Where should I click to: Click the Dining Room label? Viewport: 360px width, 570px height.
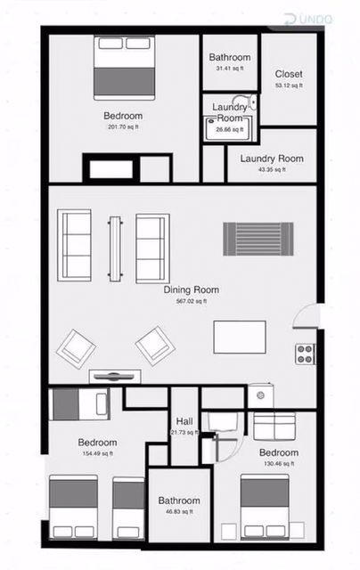(192, 289)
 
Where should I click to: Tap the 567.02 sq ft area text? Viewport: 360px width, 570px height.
(192, 301)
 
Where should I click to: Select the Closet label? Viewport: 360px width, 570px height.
(289, 74)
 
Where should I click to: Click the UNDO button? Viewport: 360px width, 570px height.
(308, 20)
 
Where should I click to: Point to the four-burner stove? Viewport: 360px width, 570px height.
(305, 354)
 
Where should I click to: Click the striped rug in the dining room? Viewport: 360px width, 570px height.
(258, 239)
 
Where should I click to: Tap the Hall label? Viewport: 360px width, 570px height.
(184, 421)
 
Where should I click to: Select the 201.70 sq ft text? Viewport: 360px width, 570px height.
(123, 126)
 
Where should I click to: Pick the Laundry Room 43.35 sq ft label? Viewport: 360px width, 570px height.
(272, 163)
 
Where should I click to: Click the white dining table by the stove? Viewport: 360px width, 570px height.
(240, 337)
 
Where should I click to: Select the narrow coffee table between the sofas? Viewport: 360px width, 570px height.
(115, 249)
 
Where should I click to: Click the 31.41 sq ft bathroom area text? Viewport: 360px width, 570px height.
(229, 69)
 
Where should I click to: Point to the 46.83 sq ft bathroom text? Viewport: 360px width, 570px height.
(178, 511)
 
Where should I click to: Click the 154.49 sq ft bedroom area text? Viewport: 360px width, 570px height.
(98, 453)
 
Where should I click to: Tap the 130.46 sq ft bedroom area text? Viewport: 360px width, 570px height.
(279, 463)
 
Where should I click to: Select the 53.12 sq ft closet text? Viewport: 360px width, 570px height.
(289, 85)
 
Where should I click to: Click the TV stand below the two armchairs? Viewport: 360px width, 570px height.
(115, 376)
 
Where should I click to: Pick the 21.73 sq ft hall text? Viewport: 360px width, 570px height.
(184, 432)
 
